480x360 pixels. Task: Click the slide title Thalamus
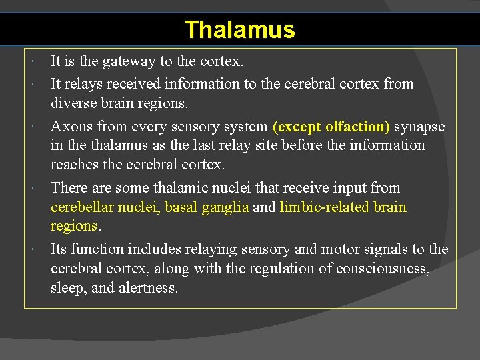239,30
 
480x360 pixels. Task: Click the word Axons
71,126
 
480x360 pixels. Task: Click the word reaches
73,165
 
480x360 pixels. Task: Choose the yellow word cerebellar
82,207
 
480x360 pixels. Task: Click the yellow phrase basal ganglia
207,207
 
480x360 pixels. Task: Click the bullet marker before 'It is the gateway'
33,62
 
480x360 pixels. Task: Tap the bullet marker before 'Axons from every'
33,126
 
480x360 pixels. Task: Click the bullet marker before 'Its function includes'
33,249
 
